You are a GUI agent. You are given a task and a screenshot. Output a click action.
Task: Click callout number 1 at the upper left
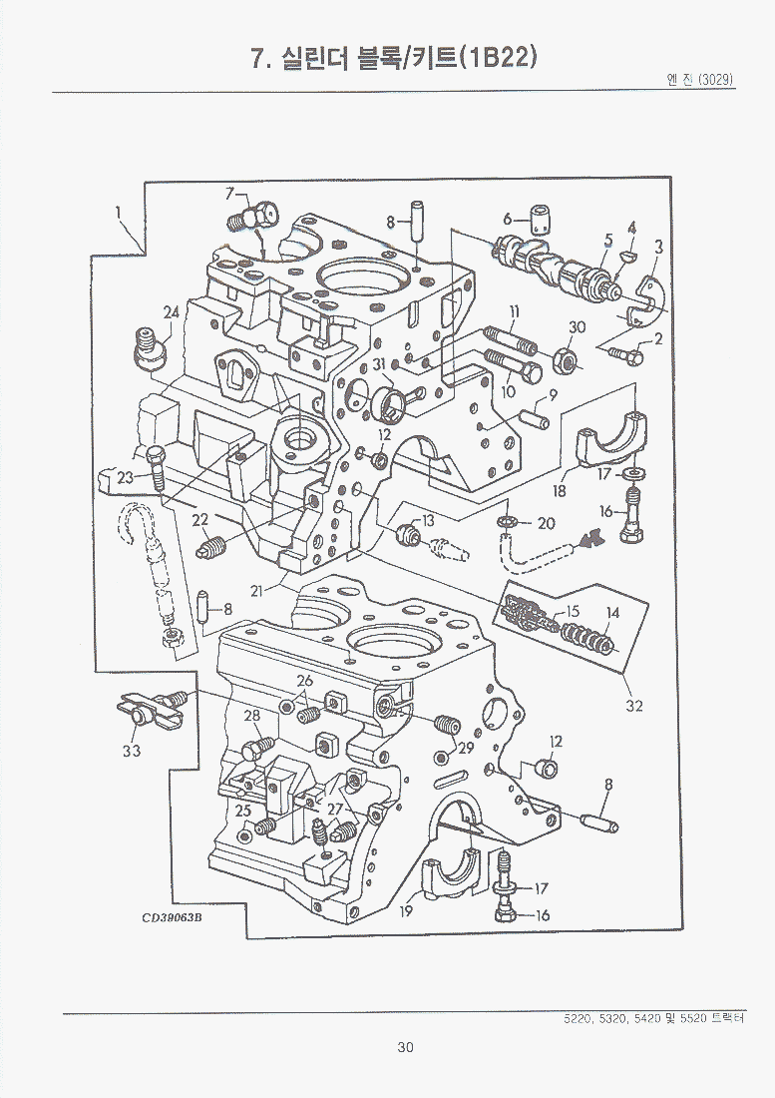tap(118, 212)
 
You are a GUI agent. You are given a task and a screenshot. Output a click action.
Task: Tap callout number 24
tap(172, 312)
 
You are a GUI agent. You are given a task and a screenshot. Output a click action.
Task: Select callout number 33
tap(132, 751)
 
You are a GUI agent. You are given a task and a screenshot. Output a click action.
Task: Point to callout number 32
tap(634, 706)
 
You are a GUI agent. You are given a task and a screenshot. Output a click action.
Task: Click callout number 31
tap(379, 364)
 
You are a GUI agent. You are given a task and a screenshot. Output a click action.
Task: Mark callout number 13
tap(428, 520)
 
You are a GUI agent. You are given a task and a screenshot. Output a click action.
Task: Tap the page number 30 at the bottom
tap(405, 1047)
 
